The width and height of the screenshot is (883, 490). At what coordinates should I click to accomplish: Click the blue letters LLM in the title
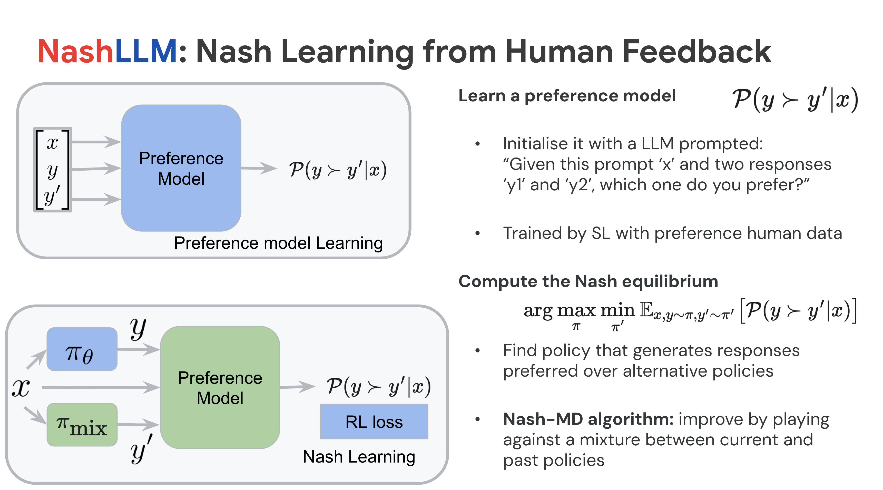pyautogui.click(x=146, y=52)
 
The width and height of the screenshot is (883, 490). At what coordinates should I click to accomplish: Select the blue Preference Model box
pyautogui.click(x=181, y=168)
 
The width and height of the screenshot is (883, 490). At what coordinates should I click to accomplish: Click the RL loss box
pyautogui.click(x=374, y=422)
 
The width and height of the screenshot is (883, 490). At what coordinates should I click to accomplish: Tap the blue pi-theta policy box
pyautogui.click(x=82, y=349)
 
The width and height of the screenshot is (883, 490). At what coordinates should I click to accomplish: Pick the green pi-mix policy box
pyautogui.click(x=82, y=425)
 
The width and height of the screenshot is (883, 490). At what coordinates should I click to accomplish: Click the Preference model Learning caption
pyautogui.click(x=278, y=243)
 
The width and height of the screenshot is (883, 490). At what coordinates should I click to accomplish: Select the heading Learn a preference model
pyautogui.click(x=567, y=96)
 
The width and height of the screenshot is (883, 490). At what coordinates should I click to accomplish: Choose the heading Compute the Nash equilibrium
pyautogui.click(x=588, y=281)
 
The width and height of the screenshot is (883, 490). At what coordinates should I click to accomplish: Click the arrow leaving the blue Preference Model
pyautogui.click(x=259, y=168)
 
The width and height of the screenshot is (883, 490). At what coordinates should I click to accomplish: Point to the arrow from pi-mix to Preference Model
pyautogui.click(x=138, y=425)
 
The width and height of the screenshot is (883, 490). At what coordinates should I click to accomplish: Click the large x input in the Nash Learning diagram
pyautogui.click(x=21, y=388)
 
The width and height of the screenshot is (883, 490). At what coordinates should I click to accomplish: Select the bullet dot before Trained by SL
pyautogui.click(x=477, y=233)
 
